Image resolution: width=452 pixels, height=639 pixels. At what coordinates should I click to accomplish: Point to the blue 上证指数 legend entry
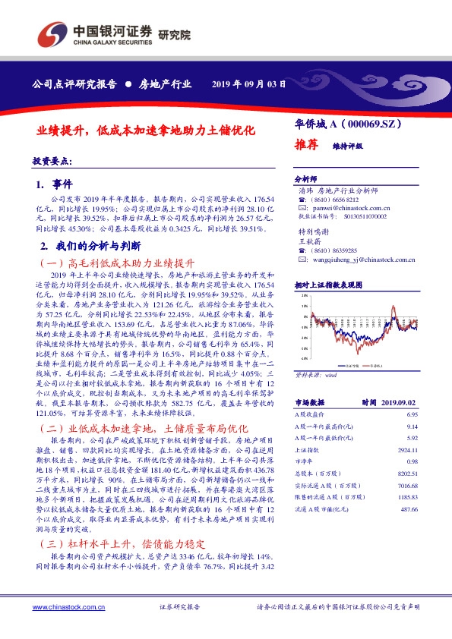click(x=328, y=365)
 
